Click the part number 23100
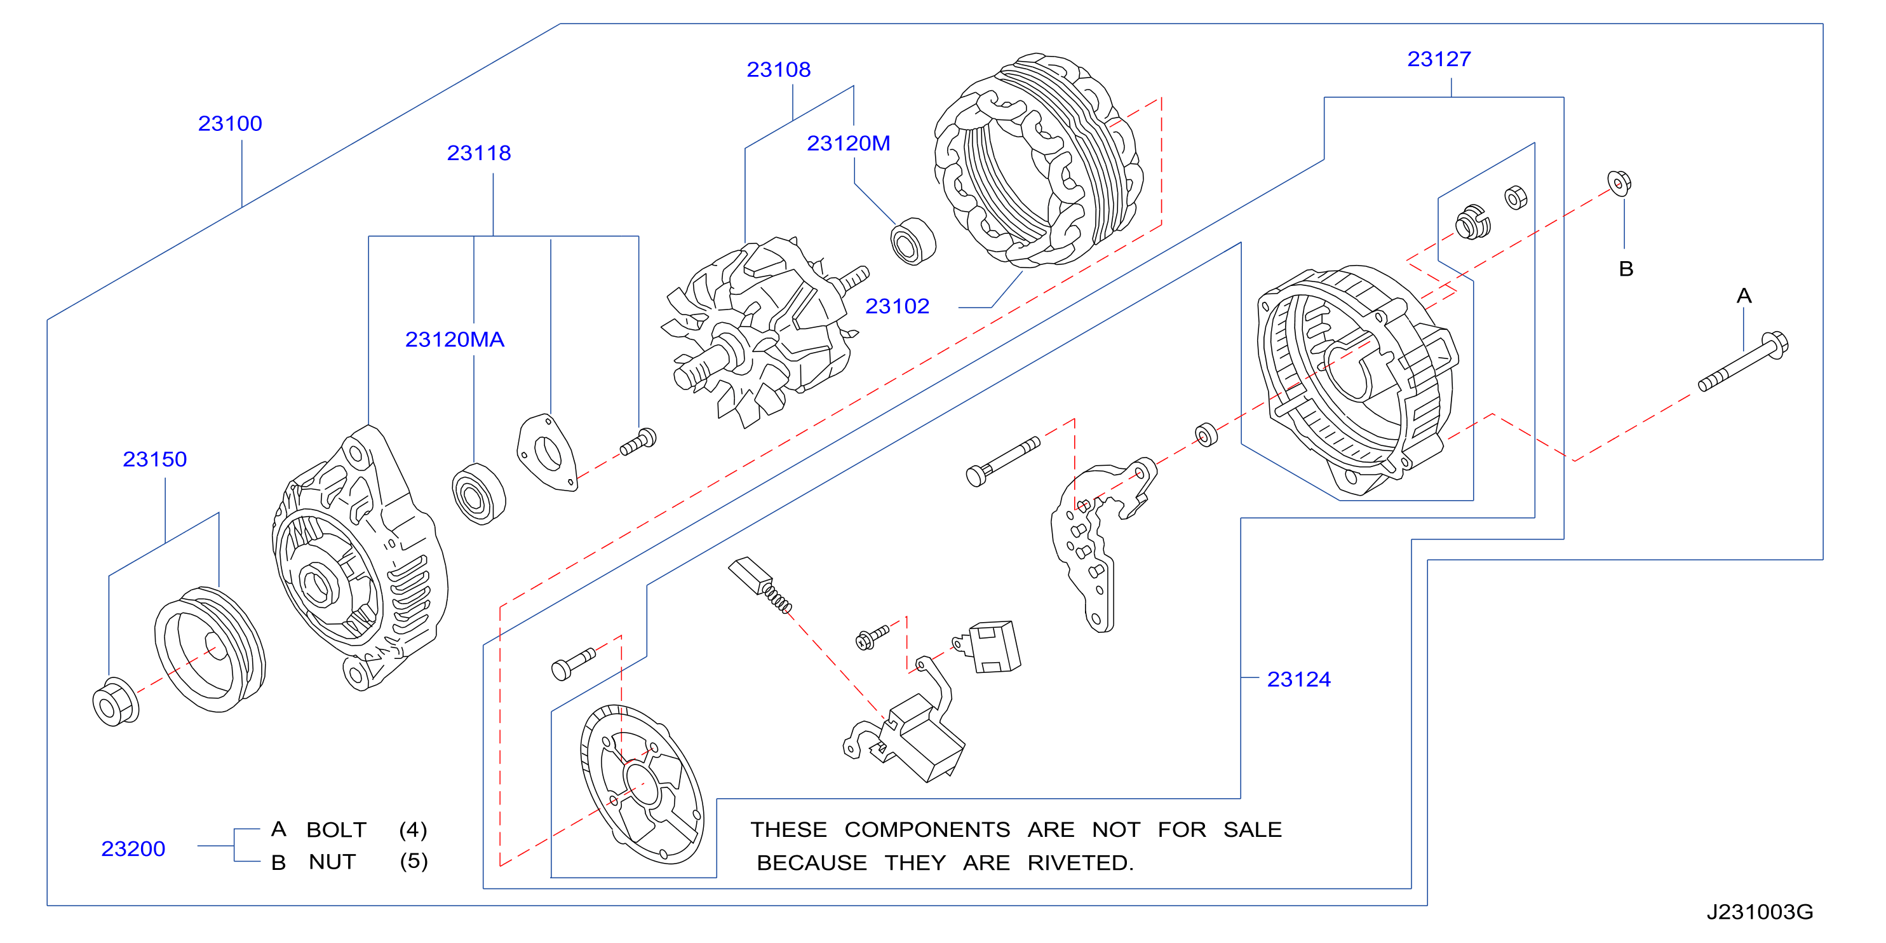pyautogui.click(x=230, y=123)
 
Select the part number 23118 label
pyautogui.click(x=479, y=153)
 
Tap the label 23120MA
pyautogui.click(x=455, y=340)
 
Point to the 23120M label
pyautogui.click(x=849, y=144)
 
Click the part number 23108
pyautogui.click(x=778, y=69)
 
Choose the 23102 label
pyautogui.click(x=897, y=306)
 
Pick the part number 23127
pyautogui.click(x=1439, y=58)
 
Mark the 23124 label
pyautogui.click(x=1299, y=679)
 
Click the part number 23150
pyautogui.click(x=154, y=459)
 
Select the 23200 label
pyautogui.click(x=133, y=848)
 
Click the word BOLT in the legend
pyautogui.click(x=336, y=829)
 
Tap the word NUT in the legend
pyautogui.click(x=332, y=862)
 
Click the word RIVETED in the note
pyautogui.click(x=1080, y=862)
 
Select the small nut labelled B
pyautogui.click(x=1619, y=183)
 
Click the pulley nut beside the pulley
pyautogui.click(x=116, y=703)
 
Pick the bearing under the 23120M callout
pyautogui.click(x=913, y=241)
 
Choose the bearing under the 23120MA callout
pyautogui.click(x=479, y=494)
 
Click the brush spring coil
pyautogui.click(x=778, y=597)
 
